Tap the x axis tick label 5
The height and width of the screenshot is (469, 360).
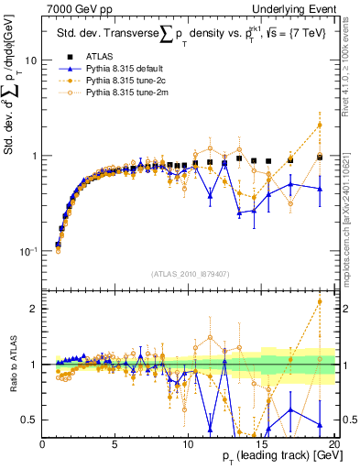(x=115, y=444)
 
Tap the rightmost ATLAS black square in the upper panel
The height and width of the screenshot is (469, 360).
(x=320, y=157)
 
